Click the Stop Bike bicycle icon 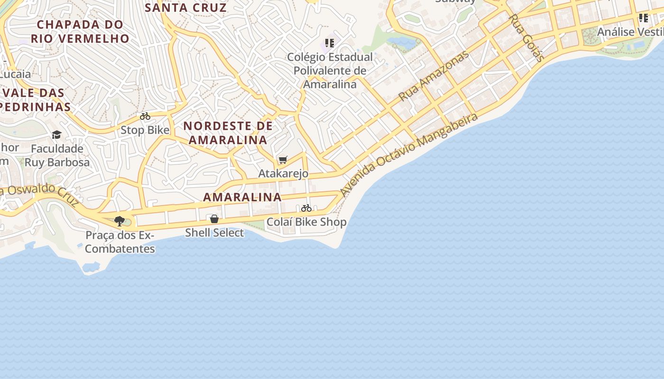(145, 116)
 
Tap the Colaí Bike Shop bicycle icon (306, 208)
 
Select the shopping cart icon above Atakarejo (283, 160)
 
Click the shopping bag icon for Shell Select (214, 219)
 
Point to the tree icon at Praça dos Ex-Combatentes (120, 221)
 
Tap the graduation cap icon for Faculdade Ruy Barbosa (57, 135)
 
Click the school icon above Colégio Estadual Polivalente (330, 44)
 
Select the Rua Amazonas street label (433, 76)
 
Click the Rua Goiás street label (526, 38)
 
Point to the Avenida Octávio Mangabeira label (409, 154)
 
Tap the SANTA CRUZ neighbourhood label (185, 8)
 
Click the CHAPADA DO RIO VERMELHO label (80, 31)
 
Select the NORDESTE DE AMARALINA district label (228, 133)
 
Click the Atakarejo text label (283, 173)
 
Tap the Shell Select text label (214, 233)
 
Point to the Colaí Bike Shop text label (306, 222)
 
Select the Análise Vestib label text (630, 32)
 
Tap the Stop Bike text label (145, 130)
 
